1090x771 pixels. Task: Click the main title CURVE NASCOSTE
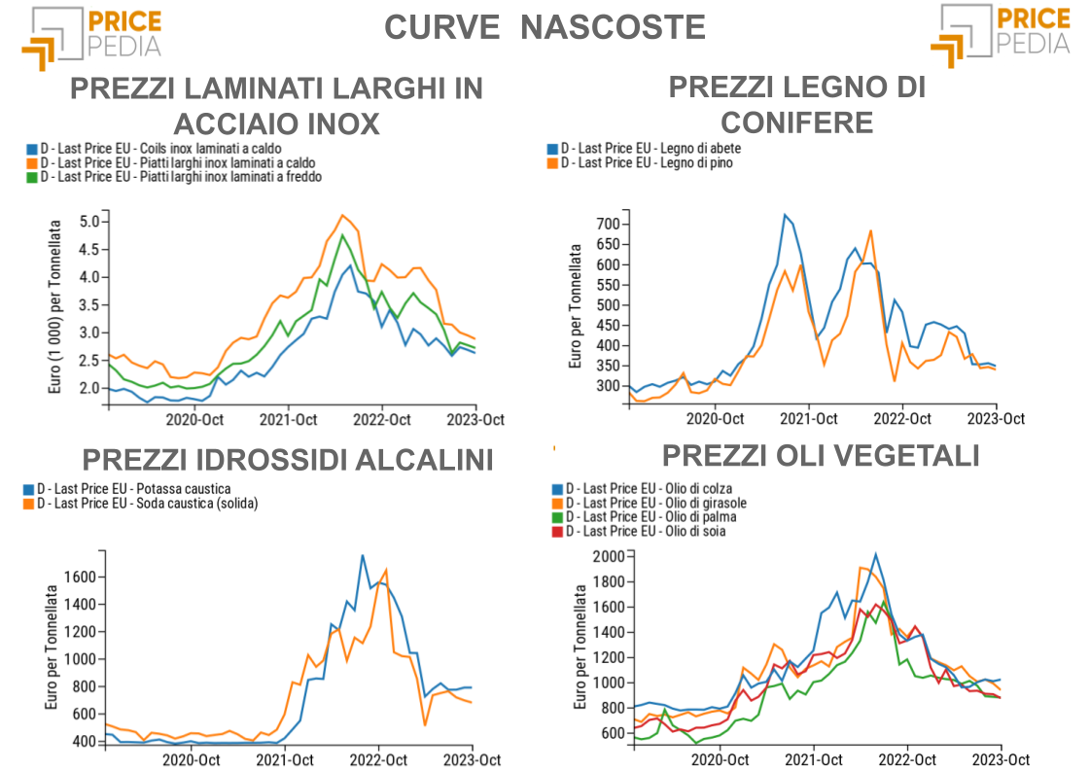click(x=545, y=27)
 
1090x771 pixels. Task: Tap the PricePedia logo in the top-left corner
click(x=92, y=36)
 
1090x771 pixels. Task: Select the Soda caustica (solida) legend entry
click(x=147, y=503)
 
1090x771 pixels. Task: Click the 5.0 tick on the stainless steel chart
click(x=89, y=222)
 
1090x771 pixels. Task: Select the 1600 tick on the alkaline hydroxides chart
click(x=81, y=577)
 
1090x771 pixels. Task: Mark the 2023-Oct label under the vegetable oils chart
click(x=1002, y=759)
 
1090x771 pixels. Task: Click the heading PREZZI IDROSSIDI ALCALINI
click(x=288, y=460)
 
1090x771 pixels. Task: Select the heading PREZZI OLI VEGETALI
click(x=821, y=456)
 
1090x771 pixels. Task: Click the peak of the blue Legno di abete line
click(x=785, y=215)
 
